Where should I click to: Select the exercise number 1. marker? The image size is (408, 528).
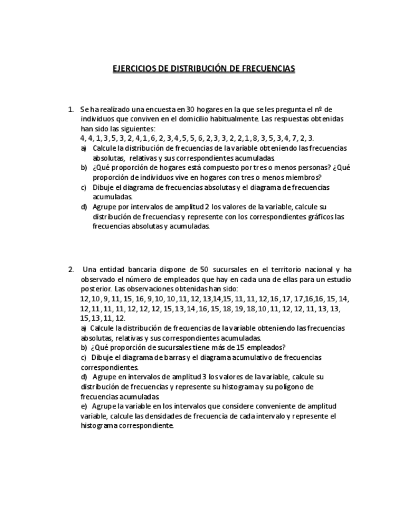pos(71,109)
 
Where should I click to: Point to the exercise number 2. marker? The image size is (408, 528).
pos(71,270)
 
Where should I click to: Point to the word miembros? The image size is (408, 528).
pos(304,177)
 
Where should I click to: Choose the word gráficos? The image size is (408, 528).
pos(317,217)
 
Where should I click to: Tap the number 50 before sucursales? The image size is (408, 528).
pos(204,270)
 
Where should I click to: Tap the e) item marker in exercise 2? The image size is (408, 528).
pos(84,407)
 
